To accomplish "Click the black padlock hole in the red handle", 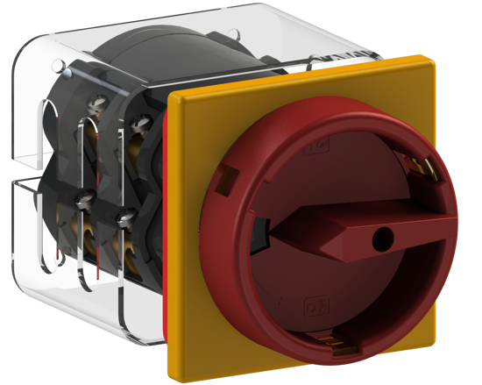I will [384, 237].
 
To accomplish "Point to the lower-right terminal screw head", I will [125, 216].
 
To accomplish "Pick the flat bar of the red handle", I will [351, 236].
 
